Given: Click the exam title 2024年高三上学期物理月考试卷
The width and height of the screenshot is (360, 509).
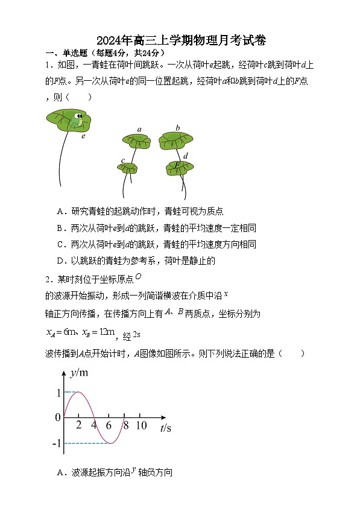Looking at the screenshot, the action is (x=180, y=40).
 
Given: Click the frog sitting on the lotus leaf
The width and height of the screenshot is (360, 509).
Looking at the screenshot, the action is (x=76, y=121).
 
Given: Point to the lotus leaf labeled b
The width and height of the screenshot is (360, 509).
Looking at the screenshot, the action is (x=176, y=141).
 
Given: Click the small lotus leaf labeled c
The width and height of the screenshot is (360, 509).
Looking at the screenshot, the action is (x=128, y=168).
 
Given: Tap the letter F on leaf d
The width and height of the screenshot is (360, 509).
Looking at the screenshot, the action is (x=177, y=165).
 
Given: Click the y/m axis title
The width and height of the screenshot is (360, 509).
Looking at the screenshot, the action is (x=79, y=373).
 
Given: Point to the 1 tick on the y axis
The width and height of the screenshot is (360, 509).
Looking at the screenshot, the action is (x=58, y=393).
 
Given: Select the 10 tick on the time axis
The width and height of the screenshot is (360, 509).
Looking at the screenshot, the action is (x=141, y=426).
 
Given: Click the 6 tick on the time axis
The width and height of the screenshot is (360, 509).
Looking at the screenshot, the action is (x=109, y=426).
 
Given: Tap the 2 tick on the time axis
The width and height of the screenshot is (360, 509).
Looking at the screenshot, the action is (x=78, y=426).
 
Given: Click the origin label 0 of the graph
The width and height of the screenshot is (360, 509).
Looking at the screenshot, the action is (x=58, y=417).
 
